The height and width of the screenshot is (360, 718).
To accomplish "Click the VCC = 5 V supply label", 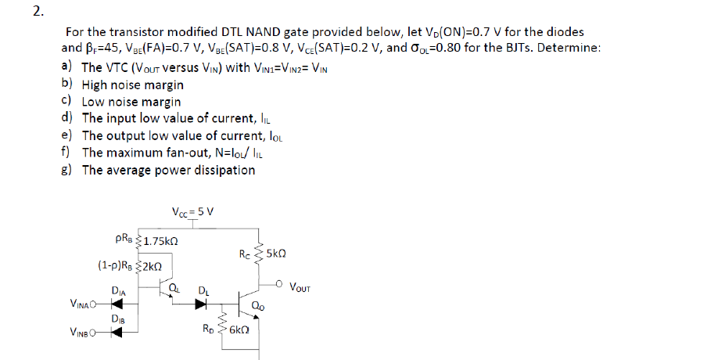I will [192, 211].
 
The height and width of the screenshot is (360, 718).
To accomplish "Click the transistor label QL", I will [175, 290].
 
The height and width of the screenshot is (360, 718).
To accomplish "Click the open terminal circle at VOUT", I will [281, 283].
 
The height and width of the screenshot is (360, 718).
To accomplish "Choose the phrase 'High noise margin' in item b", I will [133, 85].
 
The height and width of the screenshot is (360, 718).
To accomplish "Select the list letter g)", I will [67, 170].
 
